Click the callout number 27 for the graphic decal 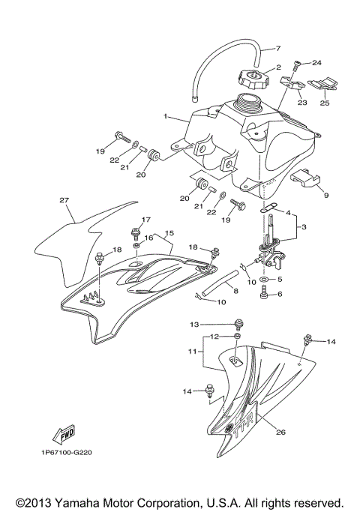[x=64, y=200]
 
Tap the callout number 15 [x=169, y=233]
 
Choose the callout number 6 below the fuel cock [x=280, y=295]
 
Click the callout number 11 [x=191, y=351]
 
